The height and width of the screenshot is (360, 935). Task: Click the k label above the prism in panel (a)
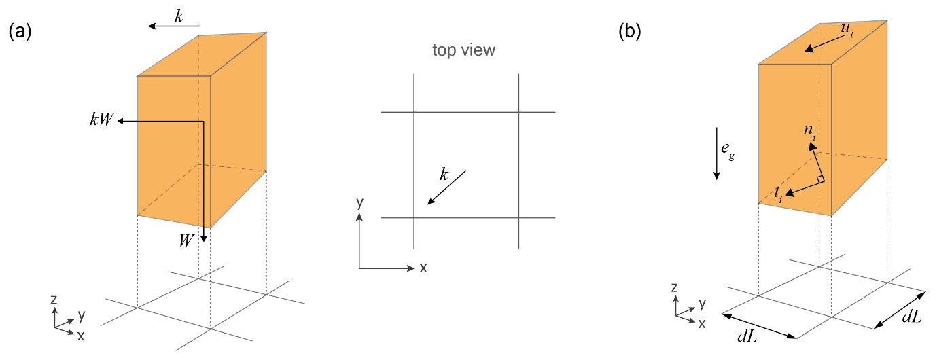tap(179, 16)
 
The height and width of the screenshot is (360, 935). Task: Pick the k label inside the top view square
tap(444, 175)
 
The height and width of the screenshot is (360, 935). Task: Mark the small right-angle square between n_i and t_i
tap(821, 179)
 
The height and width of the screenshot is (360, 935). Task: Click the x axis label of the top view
tap(423, 268)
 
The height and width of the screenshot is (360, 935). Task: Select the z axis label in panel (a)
tap(53, 300)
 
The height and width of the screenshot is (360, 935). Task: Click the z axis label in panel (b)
tap(674, 287)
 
